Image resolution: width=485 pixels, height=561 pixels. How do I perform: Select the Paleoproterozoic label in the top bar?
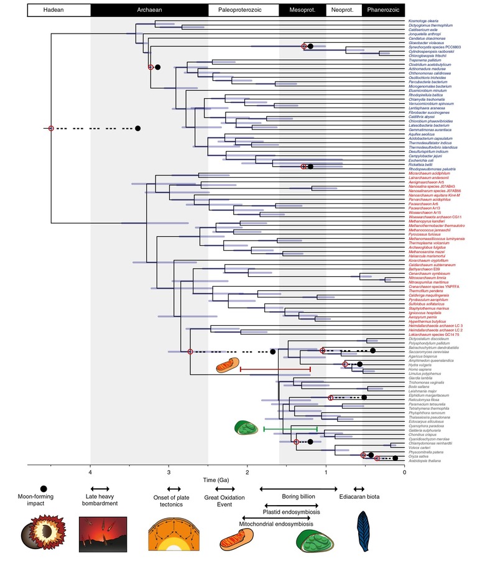click(243, 11)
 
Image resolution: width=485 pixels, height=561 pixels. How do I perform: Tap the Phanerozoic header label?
click(383, 11)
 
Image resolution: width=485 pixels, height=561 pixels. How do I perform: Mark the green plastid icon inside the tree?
click(246, 427)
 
